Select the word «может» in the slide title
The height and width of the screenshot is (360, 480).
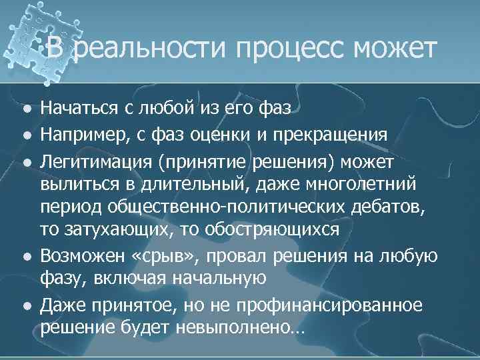[394, 50]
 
